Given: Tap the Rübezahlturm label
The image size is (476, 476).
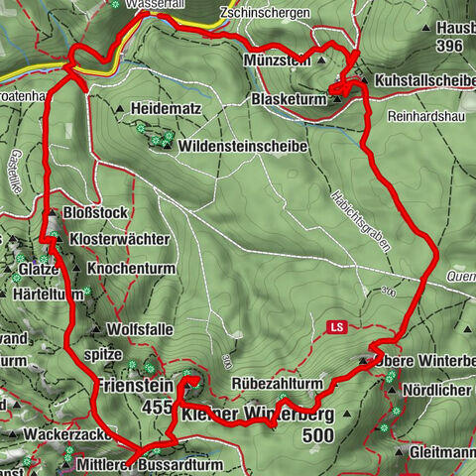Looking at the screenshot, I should click(277, 382).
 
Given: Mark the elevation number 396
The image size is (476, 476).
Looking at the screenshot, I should click(454, 47).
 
